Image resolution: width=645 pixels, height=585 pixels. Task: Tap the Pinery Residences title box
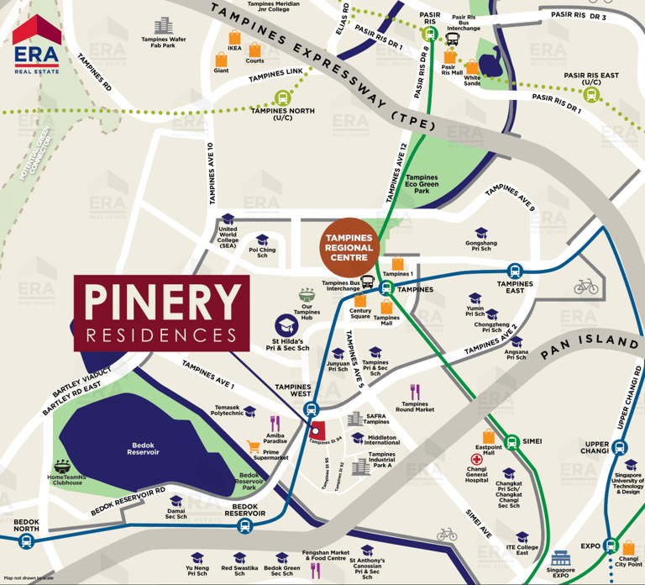pos(161,313)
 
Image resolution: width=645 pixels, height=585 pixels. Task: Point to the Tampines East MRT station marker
pos(515,271)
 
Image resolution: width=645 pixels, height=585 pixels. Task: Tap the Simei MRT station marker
pos(505,440)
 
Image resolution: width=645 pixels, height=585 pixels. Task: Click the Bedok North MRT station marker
pos(26,542)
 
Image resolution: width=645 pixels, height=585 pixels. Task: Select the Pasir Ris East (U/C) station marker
pos(591,95)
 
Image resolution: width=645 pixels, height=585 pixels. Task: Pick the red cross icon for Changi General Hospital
pos(476,460)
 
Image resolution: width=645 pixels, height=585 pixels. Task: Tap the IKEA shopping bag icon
pos(234,38)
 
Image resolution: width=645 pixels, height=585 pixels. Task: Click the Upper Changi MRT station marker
pos(620,447)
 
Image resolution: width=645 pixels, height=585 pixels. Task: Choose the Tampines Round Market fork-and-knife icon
pos(414,392)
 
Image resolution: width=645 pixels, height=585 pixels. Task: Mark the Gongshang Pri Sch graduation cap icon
pos(481,234)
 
